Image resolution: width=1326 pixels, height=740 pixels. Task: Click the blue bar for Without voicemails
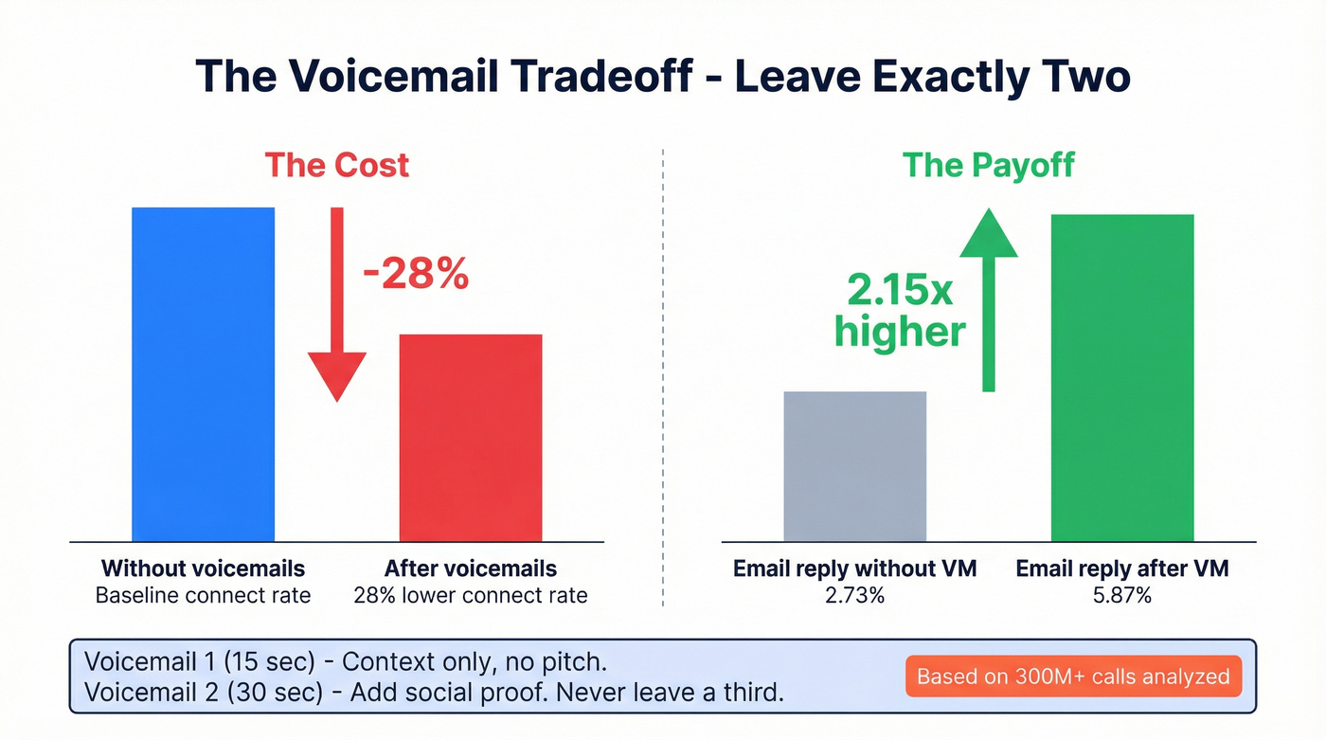(x=203, y=374)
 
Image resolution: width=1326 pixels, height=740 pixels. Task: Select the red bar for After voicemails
(x=471, y=438)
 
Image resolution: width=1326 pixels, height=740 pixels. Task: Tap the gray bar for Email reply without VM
(x=854, y=466)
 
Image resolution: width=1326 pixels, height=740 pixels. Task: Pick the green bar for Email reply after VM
(x=1122, y=377)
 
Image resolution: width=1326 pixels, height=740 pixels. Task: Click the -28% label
(x=416, y=274)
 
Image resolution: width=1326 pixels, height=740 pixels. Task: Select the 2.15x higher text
(x=901, y=312)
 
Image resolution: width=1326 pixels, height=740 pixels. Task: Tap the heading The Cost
(x=336, y=165)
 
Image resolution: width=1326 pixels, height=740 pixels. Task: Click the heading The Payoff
(x=988, y=165)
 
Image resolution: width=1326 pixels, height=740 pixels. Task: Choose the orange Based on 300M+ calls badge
(x=1073, y=677)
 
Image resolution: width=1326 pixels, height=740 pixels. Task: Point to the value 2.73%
(x=854, y=595)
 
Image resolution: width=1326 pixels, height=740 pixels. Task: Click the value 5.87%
(x=1121, y=595)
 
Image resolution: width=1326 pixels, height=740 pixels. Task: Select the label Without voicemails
(x=203, y=569)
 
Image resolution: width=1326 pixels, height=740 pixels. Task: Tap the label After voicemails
(x=471, y=569)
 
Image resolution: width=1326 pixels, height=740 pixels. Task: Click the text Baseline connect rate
(x=203, y=595)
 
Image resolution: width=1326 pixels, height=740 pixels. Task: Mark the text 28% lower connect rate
(x=471, y=595)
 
